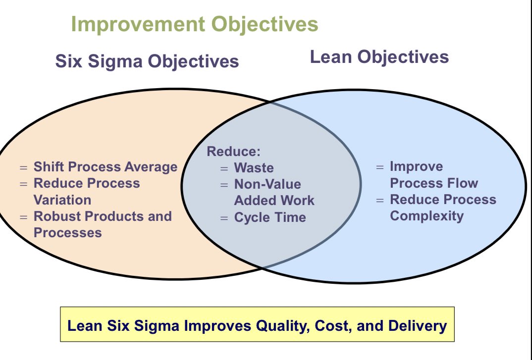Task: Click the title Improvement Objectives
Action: pyautogui.click(x=195, y=24)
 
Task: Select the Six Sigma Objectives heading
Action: pyautogui.click(x=147, y=61)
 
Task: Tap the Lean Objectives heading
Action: pyautogui.click(x=379, y=57)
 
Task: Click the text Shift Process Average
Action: pyautogui.click(x=105, y=167)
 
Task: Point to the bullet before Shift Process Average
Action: pyautogui.click(x=24, y=167)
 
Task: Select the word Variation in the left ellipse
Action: pyautogui.click(x=62, y=200)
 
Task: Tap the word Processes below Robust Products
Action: pyautogui.click(x=67, y=233)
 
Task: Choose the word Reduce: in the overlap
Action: pyautogui.click(x=233, y=152)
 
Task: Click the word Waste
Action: pyautogui.click(x=254, y=168)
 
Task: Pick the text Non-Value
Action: pyautogui.click(x=267, y=184)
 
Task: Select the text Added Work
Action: pyautogui.click(x=274, y=201)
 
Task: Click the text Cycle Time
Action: pyautogui.click(x=270, y=217)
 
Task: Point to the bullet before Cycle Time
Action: pyautogui.click(x=224, y=218)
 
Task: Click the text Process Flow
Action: pyautogui.click(x=434, y=183)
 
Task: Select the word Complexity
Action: pyautogui.click(x=426, y=216)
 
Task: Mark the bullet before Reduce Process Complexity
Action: pyautogui.click(x=380, y=200)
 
